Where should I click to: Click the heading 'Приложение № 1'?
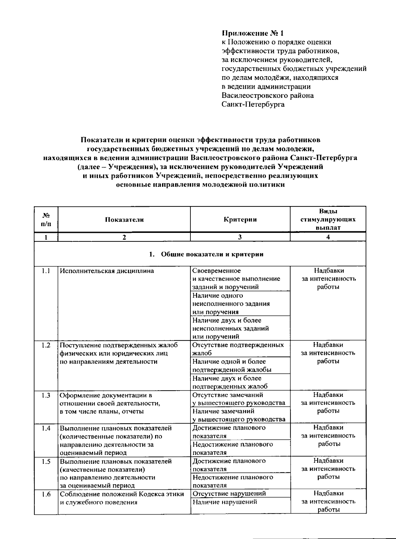(x=252, y=33)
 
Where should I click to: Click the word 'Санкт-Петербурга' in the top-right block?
(x=253, y=104)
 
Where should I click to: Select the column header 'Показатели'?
(x=124, y=220)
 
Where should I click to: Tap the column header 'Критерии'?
(x=240, y=220)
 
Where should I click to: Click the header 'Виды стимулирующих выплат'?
(x=328, y=219)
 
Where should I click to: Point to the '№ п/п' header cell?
(x=46, y=220)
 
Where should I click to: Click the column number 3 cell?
(x=240, y=237)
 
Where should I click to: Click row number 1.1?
(x=46, y=271)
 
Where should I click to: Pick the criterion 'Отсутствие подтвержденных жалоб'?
(x=238, y=349)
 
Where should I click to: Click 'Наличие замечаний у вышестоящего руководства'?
(x=239, y=415)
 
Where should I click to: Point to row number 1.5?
(x=46, y=461)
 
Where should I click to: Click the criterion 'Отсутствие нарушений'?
(x=229, y=493)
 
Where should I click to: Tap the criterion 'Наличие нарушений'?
(x=225, y=502)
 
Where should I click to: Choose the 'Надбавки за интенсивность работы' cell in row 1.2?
(x=328, y=353)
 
